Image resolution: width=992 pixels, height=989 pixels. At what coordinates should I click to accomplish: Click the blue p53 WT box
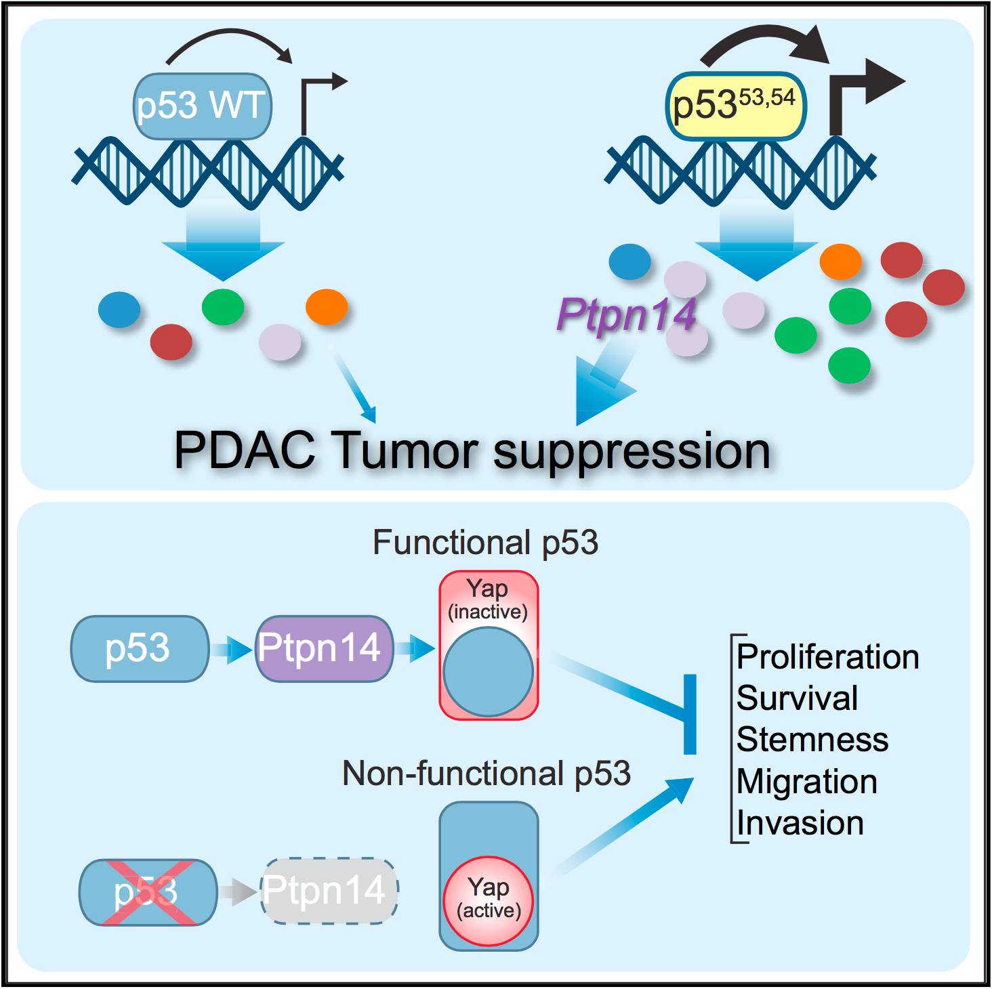[x=202, y=106]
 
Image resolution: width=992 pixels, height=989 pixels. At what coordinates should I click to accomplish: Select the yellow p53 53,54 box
[x=736, y=106]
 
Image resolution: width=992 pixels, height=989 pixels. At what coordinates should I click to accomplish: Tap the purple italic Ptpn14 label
[x=626, y=315]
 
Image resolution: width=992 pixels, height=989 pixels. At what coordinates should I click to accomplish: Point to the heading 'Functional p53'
[x=485, y=543]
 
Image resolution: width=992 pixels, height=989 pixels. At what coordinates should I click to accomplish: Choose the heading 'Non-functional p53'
[x=486, y=773]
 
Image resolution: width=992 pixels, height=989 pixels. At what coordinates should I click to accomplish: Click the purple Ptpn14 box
[x=323, y=648]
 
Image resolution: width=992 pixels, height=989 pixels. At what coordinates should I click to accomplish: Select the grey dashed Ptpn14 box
[x=329, y=891]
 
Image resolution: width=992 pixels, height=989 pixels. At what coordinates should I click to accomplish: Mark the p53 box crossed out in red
[x=148, y=891]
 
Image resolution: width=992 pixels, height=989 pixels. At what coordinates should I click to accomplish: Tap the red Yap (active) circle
[x=489, y=900]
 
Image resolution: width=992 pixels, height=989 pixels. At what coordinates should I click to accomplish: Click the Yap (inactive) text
[x=488, y=599]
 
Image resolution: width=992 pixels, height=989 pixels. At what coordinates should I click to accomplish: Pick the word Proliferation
[x=827, y=657]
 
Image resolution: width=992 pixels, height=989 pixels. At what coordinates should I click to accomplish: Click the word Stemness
[x=812, y=739]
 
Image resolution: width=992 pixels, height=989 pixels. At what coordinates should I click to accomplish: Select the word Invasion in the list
[x=800, y=823]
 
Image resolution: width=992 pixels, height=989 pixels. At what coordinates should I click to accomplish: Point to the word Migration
[x=806, y=782]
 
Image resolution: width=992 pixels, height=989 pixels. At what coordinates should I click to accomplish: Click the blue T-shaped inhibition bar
[x=690, y=714]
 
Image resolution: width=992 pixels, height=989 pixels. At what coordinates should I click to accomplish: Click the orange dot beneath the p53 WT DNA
[x=327, y=307]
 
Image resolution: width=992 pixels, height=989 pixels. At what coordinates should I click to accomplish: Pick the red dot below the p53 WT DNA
[x=171, y=341]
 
